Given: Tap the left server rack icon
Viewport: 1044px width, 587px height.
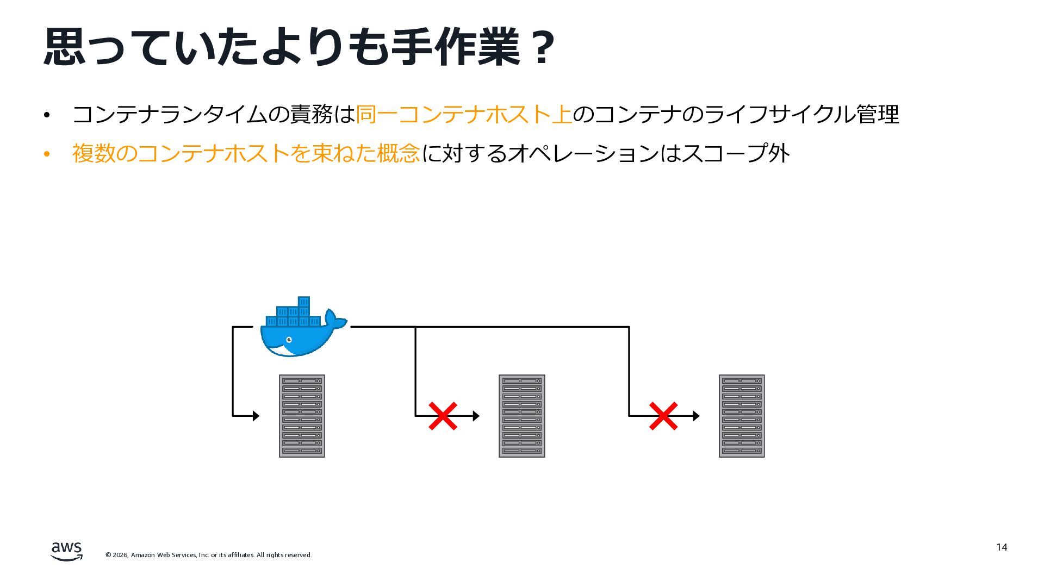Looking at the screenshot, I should point(302,416).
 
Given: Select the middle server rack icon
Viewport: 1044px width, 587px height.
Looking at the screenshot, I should point(521,416).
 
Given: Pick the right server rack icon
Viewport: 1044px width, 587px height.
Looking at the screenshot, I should point(742,416).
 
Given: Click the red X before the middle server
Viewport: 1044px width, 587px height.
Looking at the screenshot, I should point(443,416).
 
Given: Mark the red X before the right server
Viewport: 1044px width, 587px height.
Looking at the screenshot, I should point(663,416).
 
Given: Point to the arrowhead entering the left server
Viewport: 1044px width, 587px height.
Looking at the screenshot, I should point(256,416).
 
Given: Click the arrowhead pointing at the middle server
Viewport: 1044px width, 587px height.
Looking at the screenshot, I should point(476,416).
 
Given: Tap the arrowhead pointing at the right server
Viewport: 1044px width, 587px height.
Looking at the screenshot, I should point(697,416).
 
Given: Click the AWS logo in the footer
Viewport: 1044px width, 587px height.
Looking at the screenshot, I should point(66,551).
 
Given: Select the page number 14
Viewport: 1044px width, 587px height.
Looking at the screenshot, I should point(1002,547).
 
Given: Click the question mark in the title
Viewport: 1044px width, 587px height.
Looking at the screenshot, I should point(542,48).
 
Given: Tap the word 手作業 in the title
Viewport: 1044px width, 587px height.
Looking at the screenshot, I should point(456,48).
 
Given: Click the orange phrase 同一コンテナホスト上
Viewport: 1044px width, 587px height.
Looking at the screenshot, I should point(464,115).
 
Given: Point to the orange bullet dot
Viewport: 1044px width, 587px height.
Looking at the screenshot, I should point(47,154).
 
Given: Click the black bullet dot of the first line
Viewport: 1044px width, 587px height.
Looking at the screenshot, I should point(47,115).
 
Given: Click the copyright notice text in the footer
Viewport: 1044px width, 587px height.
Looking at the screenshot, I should point(208,555).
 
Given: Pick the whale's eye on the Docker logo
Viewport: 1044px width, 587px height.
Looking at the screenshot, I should point(289,340).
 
